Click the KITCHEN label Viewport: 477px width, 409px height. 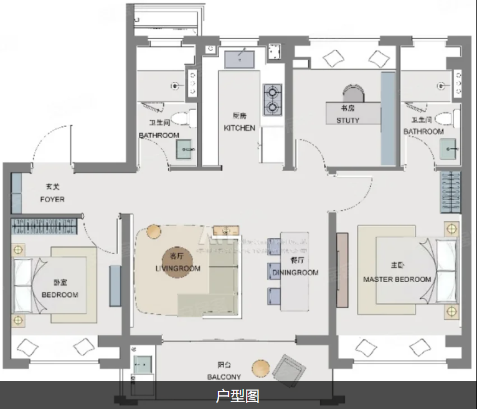click(x=239, y=128)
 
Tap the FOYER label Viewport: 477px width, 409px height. click(x=52, y=199)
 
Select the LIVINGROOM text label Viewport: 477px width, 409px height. click(x=177, y=268)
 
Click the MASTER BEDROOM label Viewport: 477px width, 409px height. click(x=397, y=280)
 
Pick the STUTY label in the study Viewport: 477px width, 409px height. click(x=347, y=120)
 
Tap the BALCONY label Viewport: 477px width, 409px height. click(x=224, y=377)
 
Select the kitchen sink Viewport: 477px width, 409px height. click(x=239, y=59)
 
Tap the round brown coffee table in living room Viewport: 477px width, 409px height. click(x=153, y=232)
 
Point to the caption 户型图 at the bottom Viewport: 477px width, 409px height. click(x=238, y=395)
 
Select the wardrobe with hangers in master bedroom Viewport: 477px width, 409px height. click(x=450, y=191)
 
